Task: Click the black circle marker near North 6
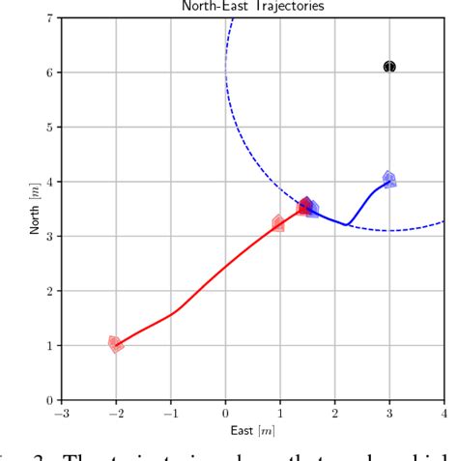(x=389, y=67)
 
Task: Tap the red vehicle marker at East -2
(x=116, y=344)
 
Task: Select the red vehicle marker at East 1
(x=278, y=223)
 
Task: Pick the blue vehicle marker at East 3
(x=388, y=180)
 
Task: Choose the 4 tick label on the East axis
(x=444, y=414)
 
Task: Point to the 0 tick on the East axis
(x=225, y=414)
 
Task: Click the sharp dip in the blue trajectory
(x=346, y=224)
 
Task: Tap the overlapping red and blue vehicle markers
(x=307, y=206)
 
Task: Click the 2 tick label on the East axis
(x=334, y=414)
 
